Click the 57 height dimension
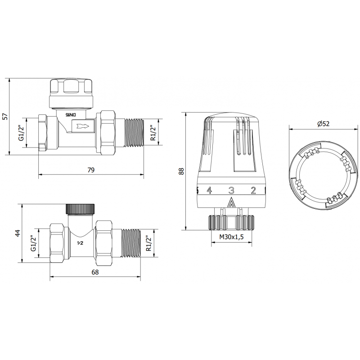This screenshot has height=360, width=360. pyautogui.click(x=5, y=116)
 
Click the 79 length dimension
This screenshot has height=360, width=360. pyautogui.click(x=91, y=170)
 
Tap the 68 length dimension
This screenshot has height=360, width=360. pyautogui.click(x=94, y=272)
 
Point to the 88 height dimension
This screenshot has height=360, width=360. pyautogui.click(x=181, y=171)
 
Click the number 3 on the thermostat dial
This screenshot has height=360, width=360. pyautogui.click(x=231, y=190)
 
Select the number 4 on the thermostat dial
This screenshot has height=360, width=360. pyautogui.click(x=209, y=190)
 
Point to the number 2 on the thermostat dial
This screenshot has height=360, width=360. pyautogui.click(x=253, y=190)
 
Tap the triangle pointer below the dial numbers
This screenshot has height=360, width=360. pyautogui.click(x=231, y=202)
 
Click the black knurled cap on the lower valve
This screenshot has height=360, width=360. pyautogui.click(x=80, y=209)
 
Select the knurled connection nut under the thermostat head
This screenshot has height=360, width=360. pyautogui.click(x=231, y=222)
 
